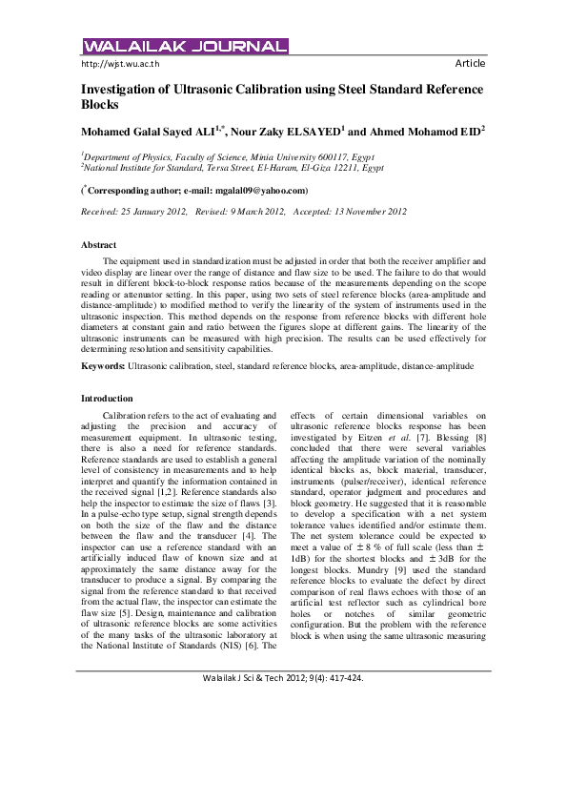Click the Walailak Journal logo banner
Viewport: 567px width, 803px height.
(x=185, y=46)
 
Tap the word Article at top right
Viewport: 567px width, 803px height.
(x=470, y=64)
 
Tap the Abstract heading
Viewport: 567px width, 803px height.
(x=99, y=245)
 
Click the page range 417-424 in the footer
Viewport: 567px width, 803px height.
(x=342, y=759)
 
